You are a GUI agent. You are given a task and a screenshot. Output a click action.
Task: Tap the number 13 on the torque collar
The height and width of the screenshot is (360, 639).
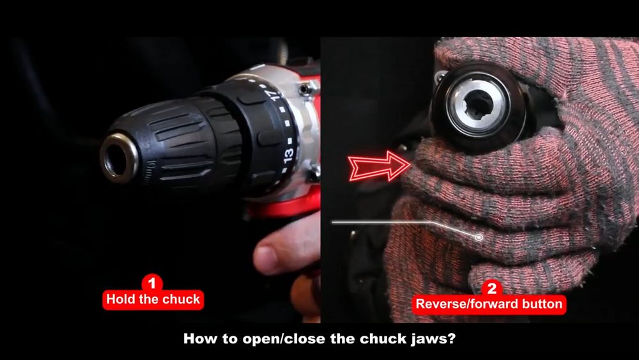click(289, 156)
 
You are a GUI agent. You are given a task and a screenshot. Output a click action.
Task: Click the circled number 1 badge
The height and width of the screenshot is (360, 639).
click(152, 283)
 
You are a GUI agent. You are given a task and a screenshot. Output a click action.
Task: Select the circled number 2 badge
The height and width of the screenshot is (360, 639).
click(492, 288)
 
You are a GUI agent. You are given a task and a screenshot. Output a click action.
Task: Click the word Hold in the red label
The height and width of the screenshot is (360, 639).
click(121, 299)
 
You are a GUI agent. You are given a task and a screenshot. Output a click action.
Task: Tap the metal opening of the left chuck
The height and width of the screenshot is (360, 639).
click(119, 158)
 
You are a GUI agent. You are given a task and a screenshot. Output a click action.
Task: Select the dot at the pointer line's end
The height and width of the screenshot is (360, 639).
click(480, 237)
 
